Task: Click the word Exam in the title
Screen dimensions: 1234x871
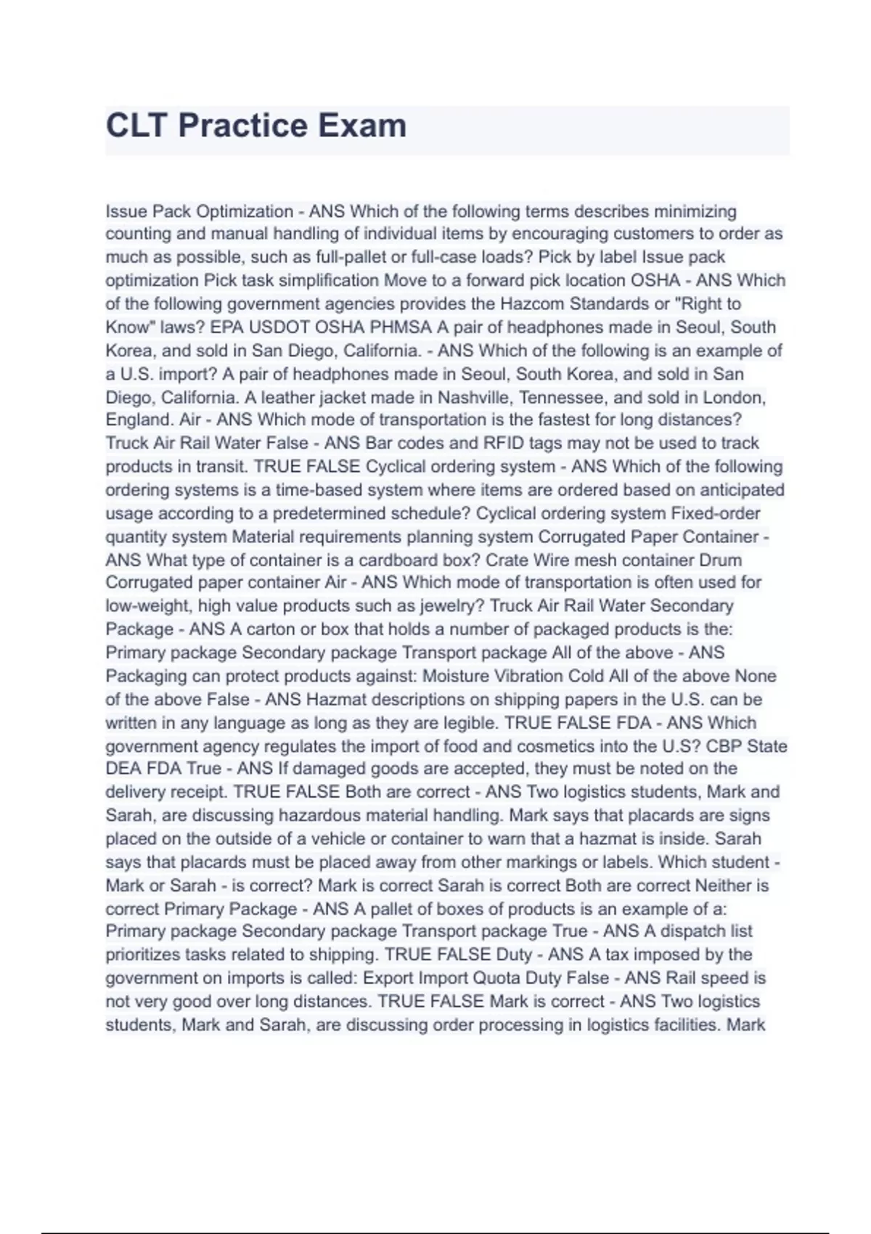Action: (361, 126)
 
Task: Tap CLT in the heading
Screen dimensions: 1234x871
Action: (137, 126)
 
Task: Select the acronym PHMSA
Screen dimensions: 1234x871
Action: (401, 327)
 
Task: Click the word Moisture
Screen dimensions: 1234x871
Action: (455, 677)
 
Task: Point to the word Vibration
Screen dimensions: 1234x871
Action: (528, 677)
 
